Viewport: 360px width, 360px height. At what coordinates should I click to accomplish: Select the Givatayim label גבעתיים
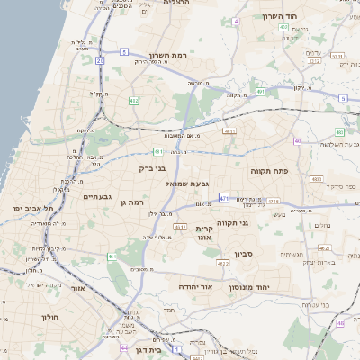pyautogui.click(x=96, y=196)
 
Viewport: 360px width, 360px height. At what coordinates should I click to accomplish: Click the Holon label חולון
pyautogui.click(x=49, y=317)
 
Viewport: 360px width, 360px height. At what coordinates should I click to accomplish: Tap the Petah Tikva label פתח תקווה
pyautogui.click(x=268, y=169)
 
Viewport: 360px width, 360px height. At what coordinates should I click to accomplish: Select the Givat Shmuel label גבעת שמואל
pyautogui.click(x=187, y=184)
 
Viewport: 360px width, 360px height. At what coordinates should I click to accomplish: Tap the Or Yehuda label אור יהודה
pyautogui.click(x=195, y=285)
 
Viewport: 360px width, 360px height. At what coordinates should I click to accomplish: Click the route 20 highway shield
pyautogui.click(x=100, y=60)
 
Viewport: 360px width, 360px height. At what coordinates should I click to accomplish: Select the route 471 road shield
pyautogui.click(x=224, y=198)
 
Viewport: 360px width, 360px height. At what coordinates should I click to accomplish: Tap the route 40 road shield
pyautogui.click(x=297, y=141)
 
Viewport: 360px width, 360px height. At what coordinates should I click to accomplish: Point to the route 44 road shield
pyautogui.click(x=124, y=347)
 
